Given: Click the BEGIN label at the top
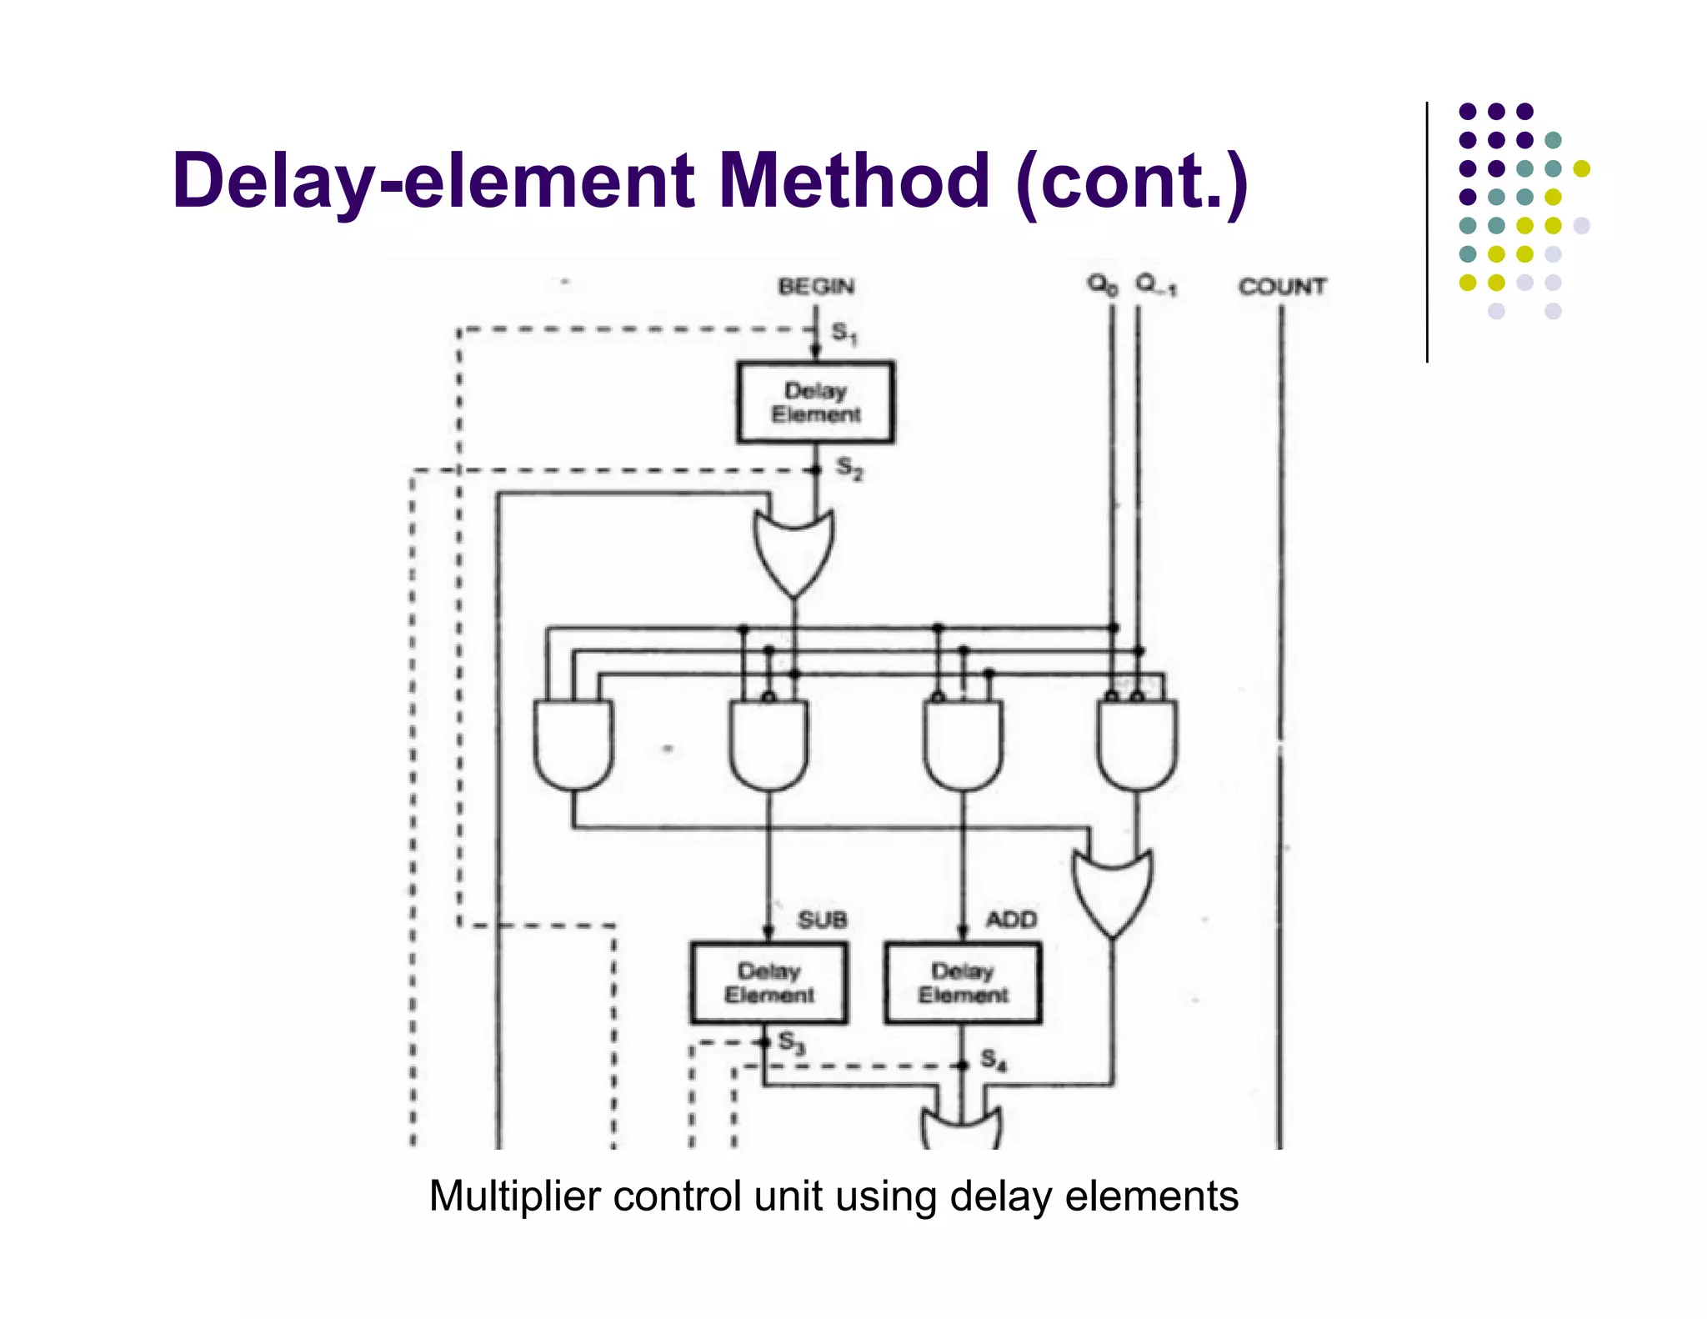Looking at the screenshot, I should [816, 287].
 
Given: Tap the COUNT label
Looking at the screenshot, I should [1281, 287].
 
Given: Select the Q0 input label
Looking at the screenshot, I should [1102, 285].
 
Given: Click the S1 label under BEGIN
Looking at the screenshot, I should [843, 334].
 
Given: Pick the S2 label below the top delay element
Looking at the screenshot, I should [849, 468].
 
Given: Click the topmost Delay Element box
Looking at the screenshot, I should [815, 403].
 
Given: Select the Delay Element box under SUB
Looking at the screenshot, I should [768, 983].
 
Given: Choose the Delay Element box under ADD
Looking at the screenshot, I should [963, 983].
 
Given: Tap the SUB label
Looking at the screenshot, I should [822, 920].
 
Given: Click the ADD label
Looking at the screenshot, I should [1011, 920].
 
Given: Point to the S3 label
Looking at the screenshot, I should [791, 1042].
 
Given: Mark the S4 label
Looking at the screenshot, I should [993, 1061].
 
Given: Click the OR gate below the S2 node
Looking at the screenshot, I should [793, 550].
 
